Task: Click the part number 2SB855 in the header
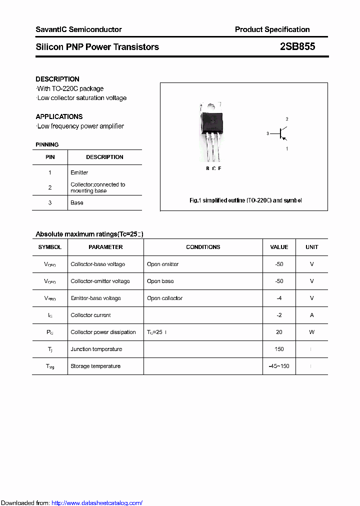click(x=297, y=47)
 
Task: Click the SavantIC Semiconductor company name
click(x=78, y=29)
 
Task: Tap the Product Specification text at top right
click(x=272, y=29)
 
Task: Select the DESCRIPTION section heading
click(x=57, y=79)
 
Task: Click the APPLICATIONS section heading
click(x=59, y=116)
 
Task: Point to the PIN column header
click(x=50, y=157)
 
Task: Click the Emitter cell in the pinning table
click(x=79, y=172)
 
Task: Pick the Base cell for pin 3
click(x=77, y=202)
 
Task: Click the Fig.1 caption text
click(x=245, y=200)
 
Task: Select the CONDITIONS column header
click(x=203, y=247)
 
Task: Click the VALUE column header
click(x=279, y=247)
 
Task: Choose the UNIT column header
click(x=311, y=247)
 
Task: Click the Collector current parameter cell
click(x=91, y=315)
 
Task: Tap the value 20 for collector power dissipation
click(x=279, y=332)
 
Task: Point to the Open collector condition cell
click(x=164, y=298)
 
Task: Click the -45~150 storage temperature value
click(x=279, y=366)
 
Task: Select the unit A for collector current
click(x=311, y=315)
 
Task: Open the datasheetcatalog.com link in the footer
click(x=97, y=503)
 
